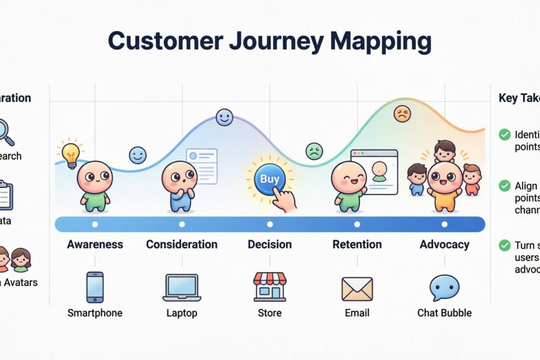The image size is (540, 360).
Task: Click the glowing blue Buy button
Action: pyautogui.click(x=270, y=179)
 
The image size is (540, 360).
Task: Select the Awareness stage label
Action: pyautogui.click(x=95, y=244)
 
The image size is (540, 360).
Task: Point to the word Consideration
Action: pyautogui.click(x=182, y=244)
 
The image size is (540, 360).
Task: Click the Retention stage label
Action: pyautogui.click(x=357, y=244)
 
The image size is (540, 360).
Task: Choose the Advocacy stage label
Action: pyautogui.click(x=445, y=244)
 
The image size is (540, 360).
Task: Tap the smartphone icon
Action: pyautogui.click(x=95, y=287)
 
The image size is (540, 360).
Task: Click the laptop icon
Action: pyautogui.click(x=182, y=287)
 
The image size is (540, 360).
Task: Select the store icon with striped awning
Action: pyautogui.click(x=270, y=286)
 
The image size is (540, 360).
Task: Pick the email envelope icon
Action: pyautogui.click(x=357, y=288)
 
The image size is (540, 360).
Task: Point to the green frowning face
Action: pyautogui.click(x=314, y=151)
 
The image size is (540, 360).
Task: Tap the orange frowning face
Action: pyautogui.click(x=402, y=114)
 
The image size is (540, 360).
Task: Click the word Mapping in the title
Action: pyautogui.click(x=381, y=41)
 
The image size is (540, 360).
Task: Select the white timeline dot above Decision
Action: pyautogui.click(x=270, y=224)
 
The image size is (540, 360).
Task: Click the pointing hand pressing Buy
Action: pyautogui.click(x=284, y=199)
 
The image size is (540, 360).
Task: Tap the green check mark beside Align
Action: pyautogui.click(x=505, y=185)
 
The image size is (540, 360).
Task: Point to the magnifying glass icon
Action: pyautogui.click(x=5, y=130)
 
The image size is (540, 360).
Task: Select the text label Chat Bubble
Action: pyautogui.click(x=445, y=313)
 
